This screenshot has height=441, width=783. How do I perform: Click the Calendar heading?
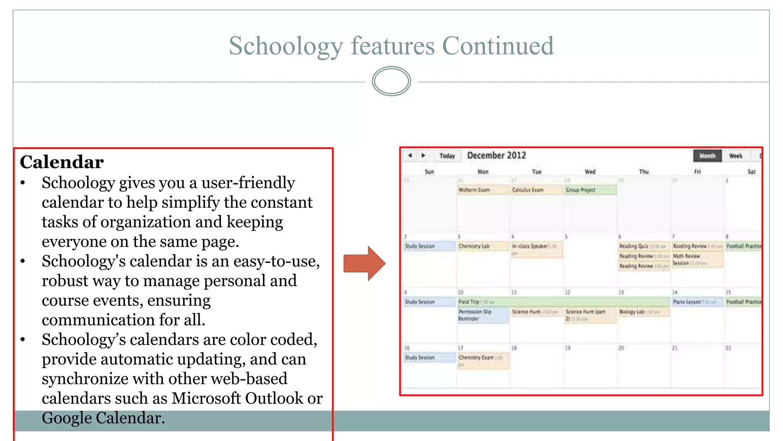point(62,162)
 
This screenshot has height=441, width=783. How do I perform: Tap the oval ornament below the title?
point(391,81)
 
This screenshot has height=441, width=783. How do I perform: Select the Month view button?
point(707,156)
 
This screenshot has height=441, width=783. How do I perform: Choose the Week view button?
point(735,156)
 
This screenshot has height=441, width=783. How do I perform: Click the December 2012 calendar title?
point(496,155)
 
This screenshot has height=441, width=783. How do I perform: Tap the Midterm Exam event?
point(483,190)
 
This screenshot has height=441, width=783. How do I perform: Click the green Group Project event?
point(590,190)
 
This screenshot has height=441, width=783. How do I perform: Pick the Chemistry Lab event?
point(483,246)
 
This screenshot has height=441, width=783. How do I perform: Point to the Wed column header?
point(590,172)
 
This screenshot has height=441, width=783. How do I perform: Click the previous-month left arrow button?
point(410,155)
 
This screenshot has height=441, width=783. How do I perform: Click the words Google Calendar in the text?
point(103,418)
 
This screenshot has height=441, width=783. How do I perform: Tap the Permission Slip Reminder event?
point(483,315)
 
